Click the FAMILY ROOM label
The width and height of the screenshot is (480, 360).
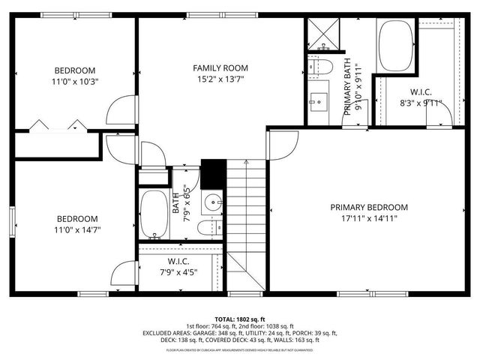220,67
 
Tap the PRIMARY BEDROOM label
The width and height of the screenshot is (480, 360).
370,207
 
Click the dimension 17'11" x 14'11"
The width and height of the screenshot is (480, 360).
370,219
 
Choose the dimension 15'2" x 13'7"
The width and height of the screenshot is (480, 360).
220,79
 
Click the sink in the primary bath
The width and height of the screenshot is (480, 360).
319,100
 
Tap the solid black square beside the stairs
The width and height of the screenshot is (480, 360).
213,175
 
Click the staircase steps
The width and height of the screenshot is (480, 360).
247,217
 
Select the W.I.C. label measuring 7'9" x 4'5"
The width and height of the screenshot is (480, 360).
178,261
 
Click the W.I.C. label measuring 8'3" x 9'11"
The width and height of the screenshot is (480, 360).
420,92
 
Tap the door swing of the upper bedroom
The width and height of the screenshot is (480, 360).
118,112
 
